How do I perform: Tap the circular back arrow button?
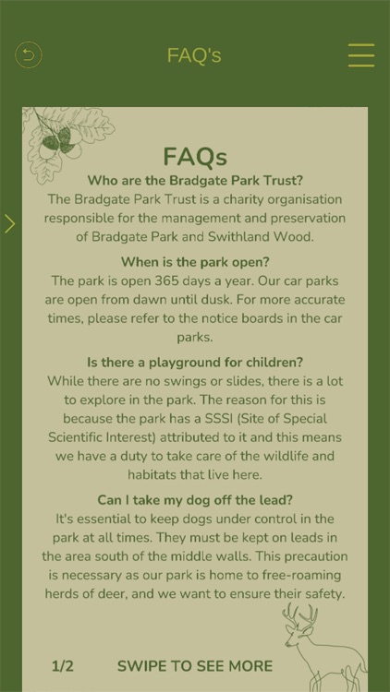coord(29,55)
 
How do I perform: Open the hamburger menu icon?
coord(360,55)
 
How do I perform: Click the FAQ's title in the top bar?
coord(194,55)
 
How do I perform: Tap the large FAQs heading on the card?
coord(194,157)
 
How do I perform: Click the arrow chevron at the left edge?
coord(9,223)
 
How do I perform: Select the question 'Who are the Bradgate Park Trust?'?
coord(194,180)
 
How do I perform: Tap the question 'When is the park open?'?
coord(194,262)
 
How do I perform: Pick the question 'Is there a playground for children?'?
coord(194,363)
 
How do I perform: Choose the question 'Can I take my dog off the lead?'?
coord(194,500)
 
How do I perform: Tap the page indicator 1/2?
coord(63,665)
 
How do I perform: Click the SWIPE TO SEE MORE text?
coord(195,665)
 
